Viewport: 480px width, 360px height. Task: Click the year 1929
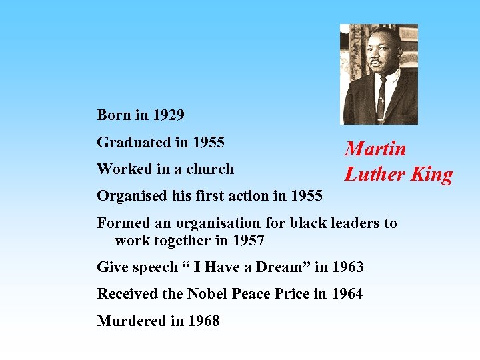[x=168, y=115]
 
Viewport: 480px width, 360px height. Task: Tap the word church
[x=210, y=169]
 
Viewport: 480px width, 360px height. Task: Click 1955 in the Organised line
[x=307, y=196]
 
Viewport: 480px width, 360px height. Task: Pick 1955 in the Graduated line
[x=208, y=143]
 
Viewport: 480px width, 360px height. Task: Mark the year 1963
[x=347, y=267]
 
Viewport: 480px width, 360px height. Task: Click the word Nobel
[x=210, y=294]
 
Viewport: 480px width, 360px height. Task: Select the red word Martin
[x=375, y=149]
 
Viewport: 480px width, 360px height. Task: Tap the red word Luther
[x=374, y=175]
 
